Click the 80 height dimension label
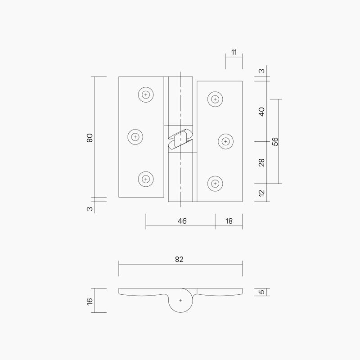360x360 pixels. tap(90, 138)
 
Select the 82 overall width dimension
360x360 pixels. tap(180, 259)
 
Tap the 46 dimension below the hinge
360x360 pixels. tap(182, 220)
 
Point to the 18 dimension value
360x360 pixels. tap(229, 220)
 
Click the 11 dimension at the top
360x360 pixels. tap(234, 52)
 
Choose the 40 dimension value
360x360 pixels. tap(262, 111)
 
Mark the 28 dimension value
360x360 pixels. tap(262, 162)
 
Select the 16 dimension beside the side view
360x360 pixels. tap(90, 300)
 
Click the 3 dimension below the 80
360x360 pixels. tap(90, 208)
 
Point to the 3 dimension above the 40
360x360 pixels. tap(262, 71)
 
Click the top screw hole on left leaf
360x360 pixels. tap(145, 95)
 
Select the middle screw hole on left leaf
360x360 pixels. tap(135, 137)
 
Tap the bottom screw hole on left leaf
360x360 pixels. tap(145, 179)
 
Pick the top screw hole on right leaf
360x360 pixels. tap(215, 99)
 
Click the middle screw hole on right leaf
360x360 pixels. tap(225, 141)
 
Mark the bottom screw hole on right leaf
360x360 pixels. tap(215, 183)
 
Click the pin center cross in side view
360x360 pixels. tap(180, 300)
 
